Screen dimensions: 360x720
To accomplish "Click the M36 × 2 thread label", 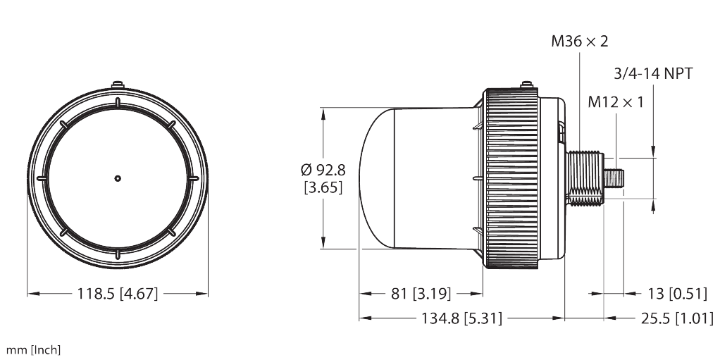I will [578, 42].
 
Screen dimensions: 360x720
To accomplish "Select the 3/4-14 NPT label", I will [653, 73].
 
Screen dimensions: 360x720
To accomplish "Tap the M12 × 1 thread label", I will [616, 102].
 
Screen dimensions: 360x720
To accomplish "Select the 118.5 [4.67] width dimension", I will [117, 294].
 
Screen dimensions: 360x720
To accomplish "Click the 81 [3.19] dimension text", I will [422, 293].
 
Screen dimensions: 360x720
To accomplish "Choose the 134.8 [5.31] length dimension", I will [461, 318].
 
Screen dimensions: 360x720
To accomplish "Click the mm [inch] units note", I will [33, 350].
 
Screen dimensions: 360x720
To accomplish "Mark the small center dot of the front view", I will [118, 178].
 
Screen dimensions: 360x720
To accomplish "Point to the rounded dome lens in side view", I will [377, 178].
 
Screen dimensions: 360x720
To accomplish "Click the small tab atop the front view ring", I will [118, 87].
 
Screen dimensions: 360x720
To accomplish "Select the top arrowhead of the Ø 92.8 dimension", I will [323, 113].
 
